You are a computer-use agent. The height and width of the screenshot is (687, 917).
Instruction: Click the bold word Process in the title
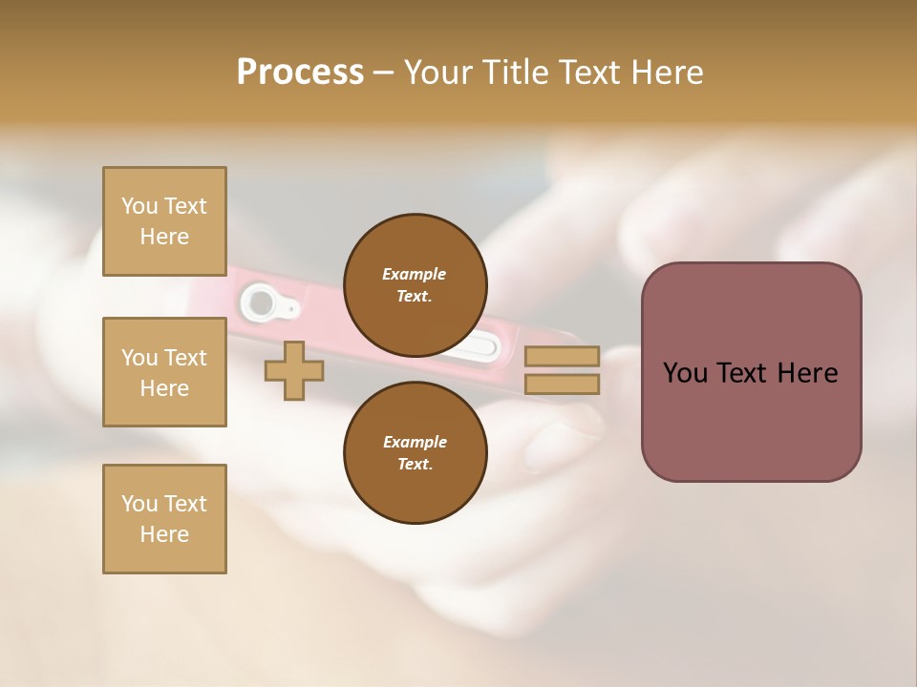pos(300,73)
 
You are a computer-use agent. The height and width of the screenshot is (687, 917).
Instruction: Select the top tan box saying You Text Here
pos(164,221)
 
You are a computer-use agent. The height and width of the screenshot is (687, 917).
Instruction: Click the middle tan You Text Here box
pos(164,372)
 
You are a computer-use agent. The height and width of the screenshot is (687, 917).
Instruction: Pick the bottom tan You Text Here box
pos(164,518)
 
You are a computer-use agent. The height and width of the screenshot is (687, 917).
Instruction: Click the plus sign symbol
pos(294,371)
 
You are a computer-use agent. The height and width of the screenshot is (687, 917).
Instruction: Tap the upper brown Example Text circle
pos(415,284)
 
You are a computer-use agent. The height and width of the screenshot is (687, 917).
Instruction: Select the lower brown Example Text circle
pos(415,452)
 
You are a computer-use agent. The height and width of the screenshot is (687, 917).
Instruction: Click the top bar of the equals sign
pos(562,357)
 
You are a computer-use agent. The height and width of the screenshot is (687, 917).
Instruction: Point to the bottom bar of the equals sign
pos(562,385)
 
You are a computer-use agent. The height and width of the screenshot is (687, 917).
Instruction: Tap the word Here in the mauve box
pos(807,373)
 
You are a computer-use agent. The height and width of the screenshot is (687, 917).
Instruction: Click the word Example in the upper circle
pos(415,274)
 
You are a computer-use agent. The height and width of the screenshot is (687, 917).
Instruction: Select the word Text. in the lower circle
pos(415,465)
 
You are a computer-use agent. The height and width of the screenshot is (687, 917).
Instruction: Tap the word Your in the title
pos(438,73)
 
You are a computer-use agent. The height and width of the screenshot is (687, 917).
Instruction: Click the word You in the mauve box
pos(685,373)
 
